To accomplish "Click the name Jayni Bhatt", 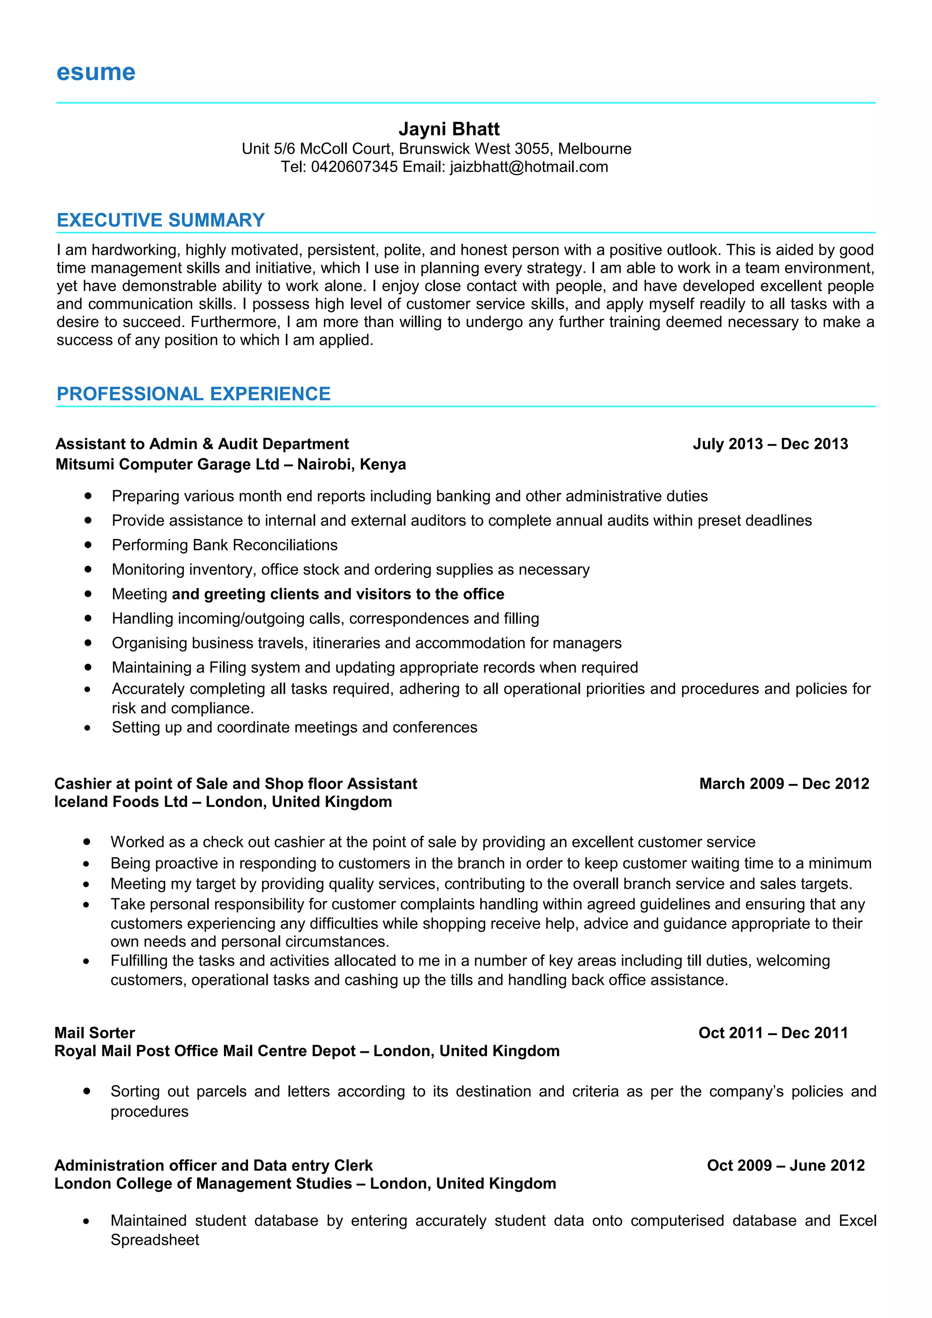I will tap(449, 129).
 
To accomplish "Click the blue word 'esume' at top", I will tap(96, 73).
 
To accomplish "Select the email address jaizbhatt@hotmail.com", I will tap(528, 167).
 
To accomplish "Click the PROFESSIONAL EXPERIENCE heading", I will tap(193, 394).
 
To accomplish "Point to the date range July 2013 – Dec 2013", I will tap(770, 444).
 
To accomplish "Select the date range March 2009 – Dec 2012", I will tap(784, 784).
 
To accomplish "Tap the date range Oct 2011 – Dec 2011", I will tap(773, 1033).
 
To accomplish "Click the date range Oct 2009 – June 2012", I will tap(785, 1165).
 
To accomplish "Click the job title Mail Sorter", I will tap(95, 1033).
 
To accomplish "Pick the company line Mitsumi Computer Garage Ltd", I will tap(167, 464).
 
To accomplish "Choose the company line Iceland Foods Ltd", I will tap(121, 802).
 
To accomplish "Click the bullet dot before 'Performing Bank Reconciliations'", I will tap(88, 544).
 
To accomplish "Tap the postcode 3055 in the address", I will tap(532, 149).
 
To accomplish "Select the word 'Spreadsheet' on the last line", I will tap(155, 1240).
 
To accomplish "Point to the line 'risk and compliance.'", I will tap(182, 709).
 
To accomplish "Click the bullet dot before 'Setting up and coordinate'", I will tap(88, 728).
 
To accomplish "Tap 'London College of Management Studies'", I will tap(203, 1184).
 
